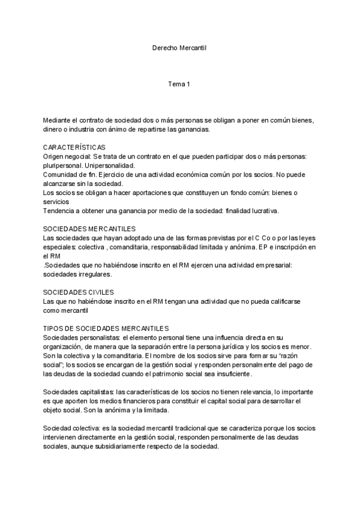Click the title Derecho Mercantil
pos(179,47)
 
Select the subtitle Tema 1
pos(179,83)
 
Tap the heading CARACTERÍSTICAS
pos(74,147)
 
